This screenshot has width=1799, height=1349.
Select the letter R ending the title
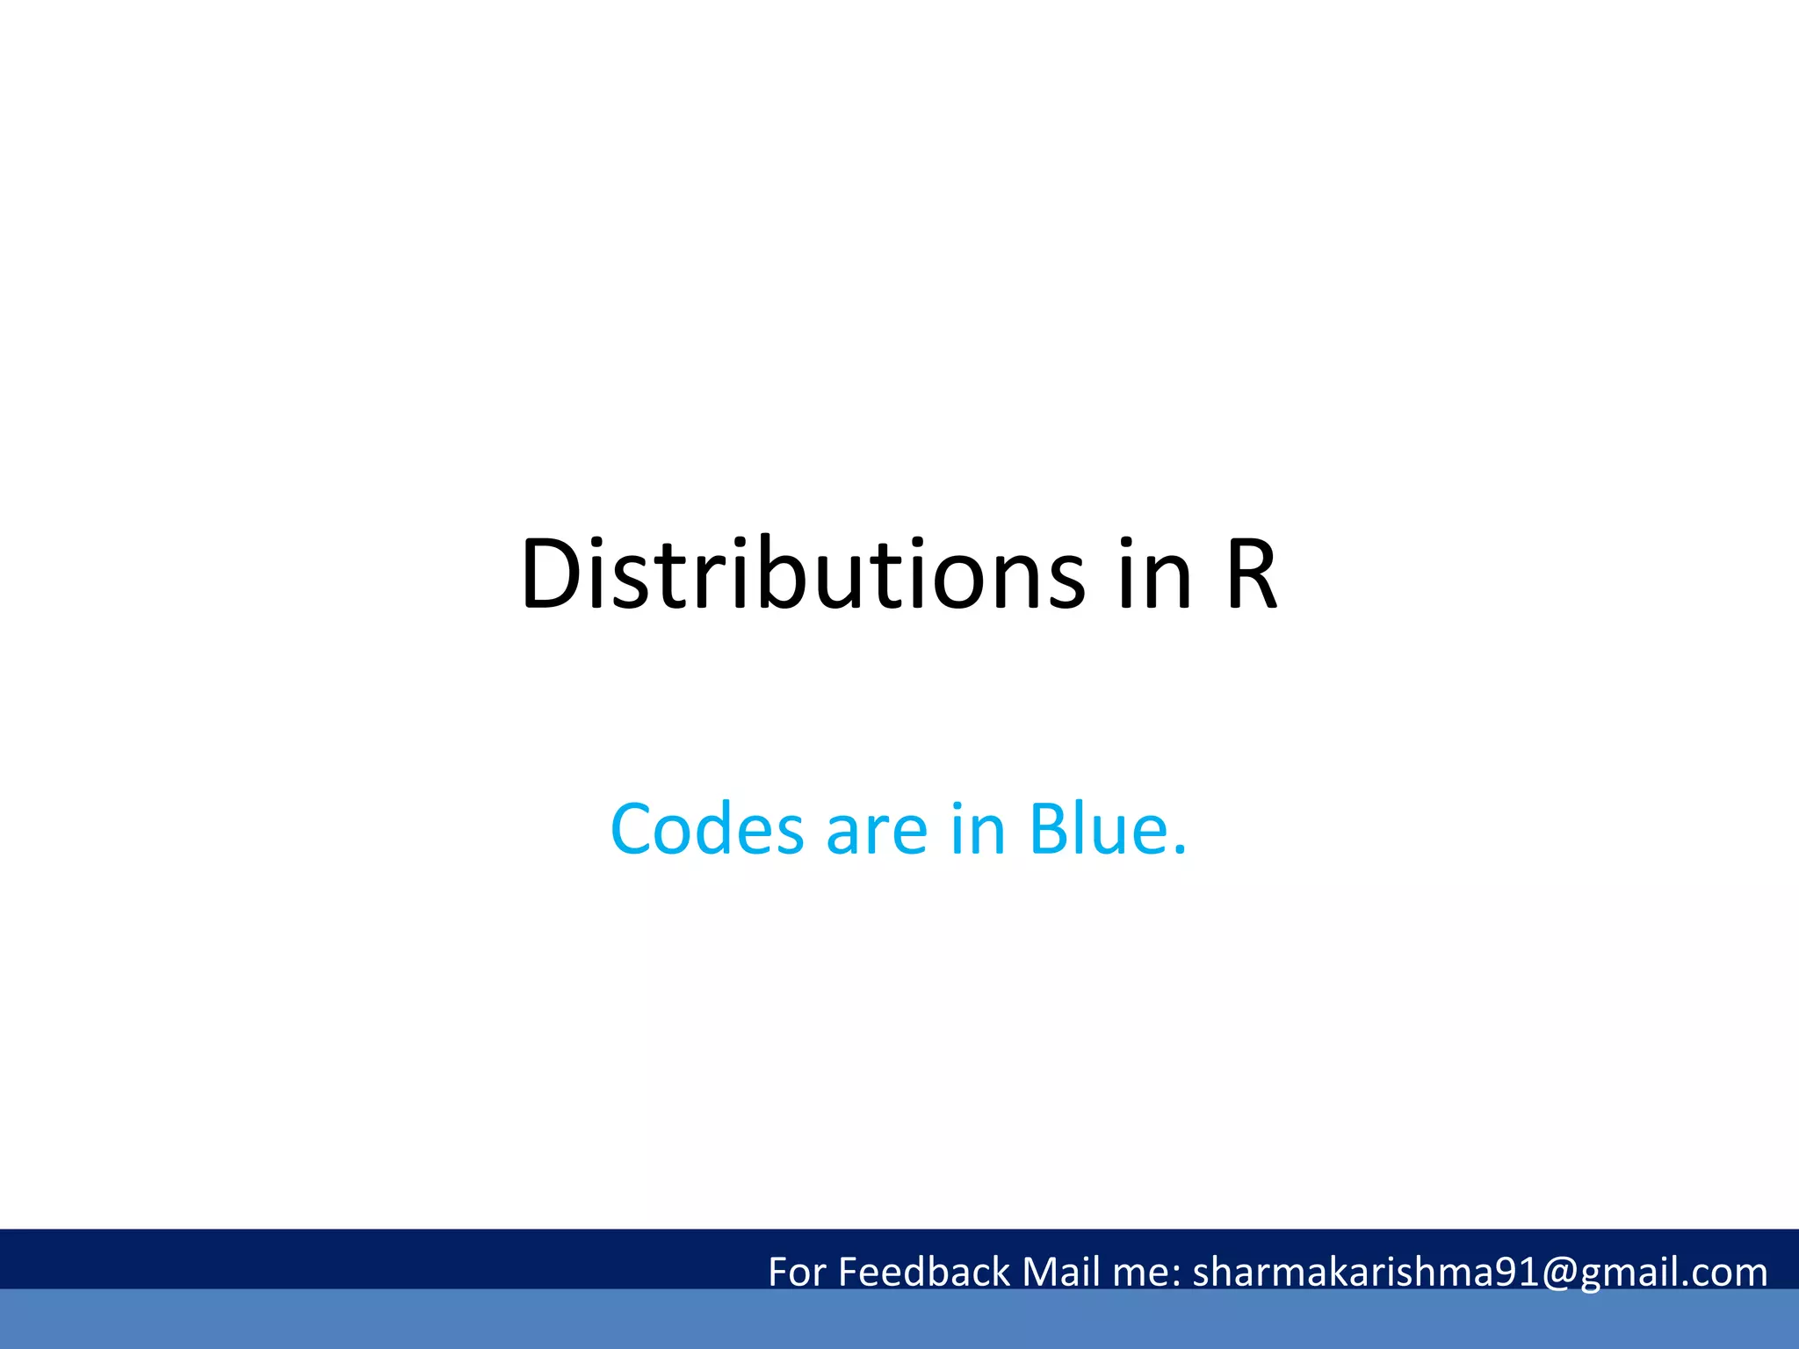tap(1251, 574)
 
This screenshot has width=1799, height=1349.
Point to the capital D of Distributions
tap(551, 574)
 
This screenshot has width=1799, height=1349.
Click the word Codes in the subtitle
tap(707, 829)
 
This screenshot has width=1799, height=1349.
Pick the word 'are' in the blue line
tap(877, 831)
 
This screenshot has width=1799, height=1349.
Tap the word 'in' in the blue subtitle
tap(978, 829)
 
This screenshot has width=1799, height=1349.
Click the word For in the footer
tap(798, 1272)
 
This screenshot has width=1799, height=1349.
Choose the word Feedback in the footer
tap(925, 1272)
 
